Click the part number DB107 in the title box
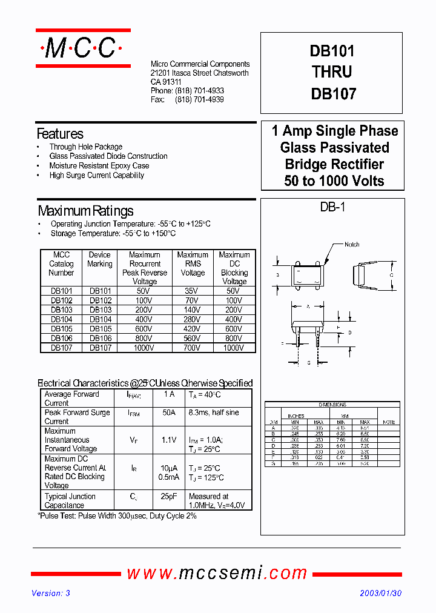[332, 94]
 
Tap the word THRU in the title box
[332, 72]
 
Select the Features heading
[60, 134]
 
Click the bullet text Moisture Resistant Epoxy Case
[99, 165]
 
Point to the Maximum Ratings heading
[85, 211]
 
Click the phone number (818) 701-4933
[199, 91]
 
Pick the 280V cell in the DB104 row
[192, 319]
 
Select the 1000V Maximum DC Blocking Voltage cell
[234, 348]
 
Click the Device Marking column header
[99, 259]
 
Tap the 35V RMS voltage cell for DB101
[192, 291]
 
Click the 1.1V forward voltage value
[169, 440]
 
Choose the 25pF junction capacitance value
[169, 497]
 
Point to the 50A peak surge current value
[169, 413]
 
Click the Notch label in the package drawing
[352, 245]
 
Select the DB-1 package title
[332, 208]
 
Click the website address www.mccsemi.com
[217, 573]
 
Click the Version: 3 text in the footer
[51, 594]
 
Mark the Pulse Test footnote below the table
[117, 516]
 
